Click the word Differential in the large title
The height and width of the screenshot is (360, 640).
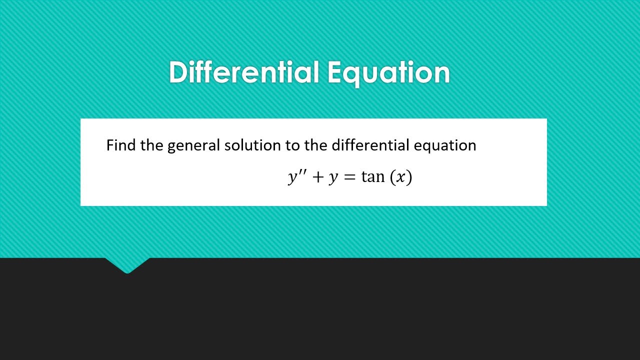tap(244, 72)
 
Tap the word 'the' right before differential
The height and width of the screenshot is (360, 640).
tap(315, 145)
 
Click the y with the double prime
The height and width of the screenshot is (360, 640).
tap(292, 178)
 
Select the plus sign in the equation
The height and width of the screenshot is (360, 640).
tap(317, 178)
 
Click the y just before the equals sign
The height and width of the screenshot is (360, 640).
tap(333, 179)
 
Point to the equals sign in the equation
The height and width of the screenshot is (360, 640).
tap(349, 178)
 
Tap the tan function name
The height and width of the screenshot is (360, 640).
tap(373, 177)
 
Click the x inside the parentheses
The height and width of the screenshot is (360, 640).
tap(400, 178)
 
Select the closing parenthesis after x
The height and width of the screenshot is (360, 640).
tap(409, 178)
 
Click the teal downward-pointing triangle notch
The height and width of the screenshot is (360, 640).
tap(127, 265)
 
